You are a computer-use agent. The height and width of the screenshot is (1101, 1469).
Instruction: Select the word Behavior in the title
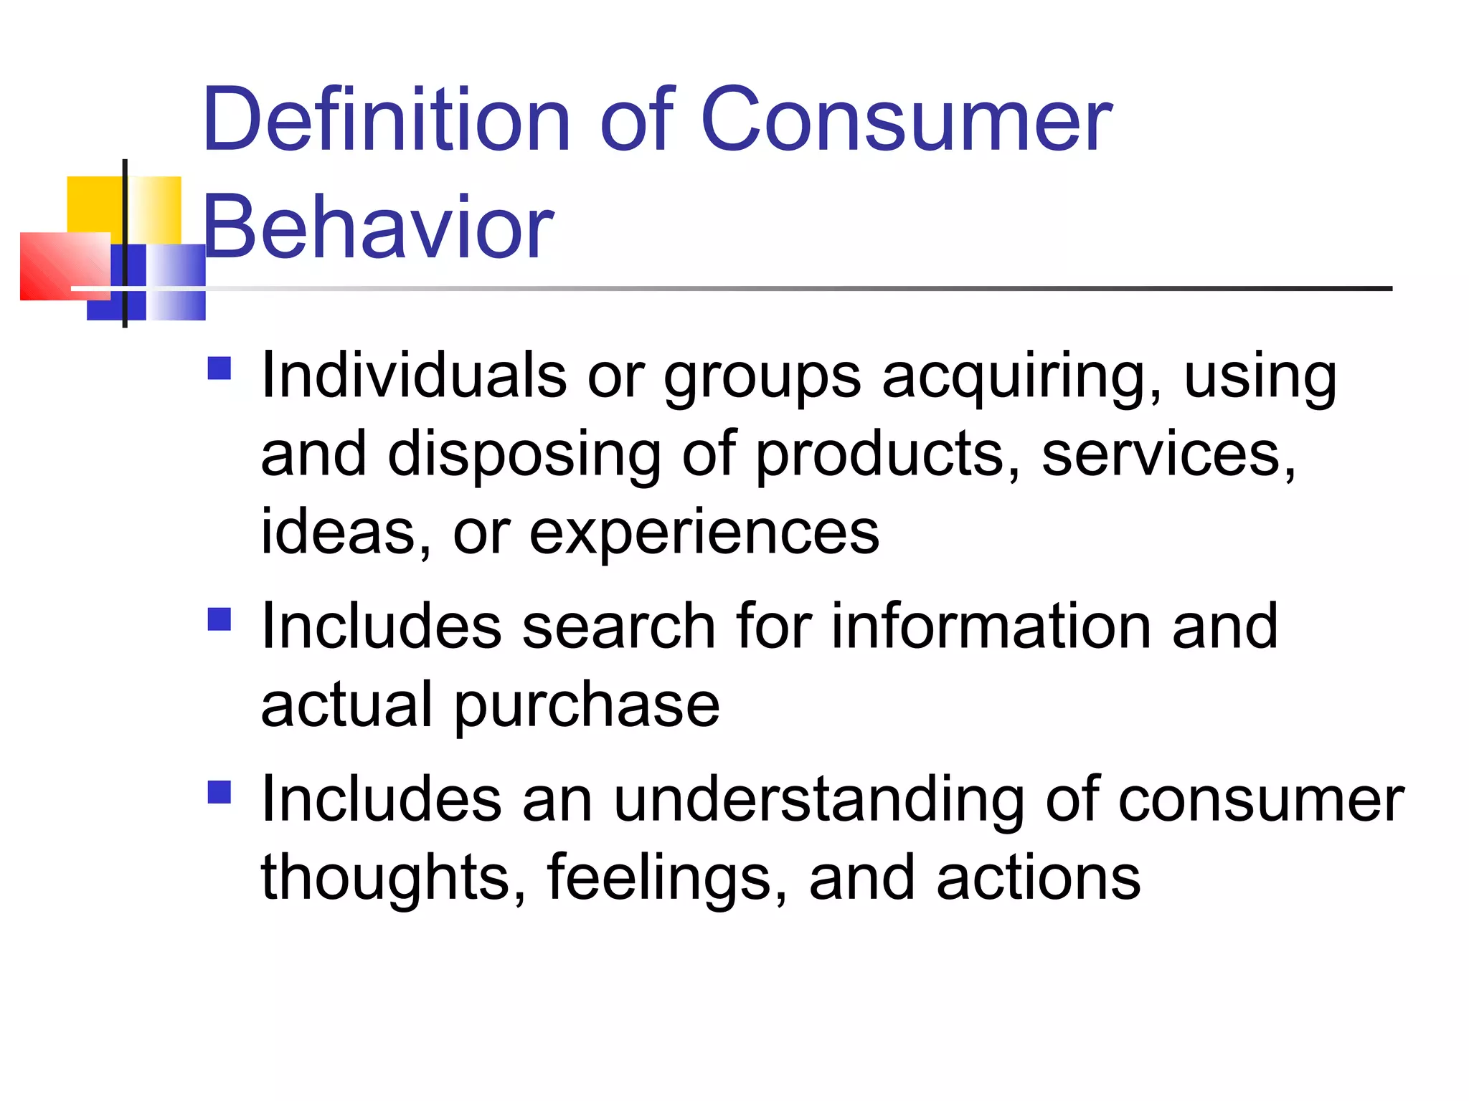tap(378, 228)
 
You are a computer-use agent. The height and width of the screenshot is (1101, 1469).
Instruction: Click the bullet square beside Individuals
tap(219, 368)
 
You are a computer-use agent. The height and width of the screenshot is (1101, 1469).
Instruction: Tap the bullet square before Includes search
tap(219, 619)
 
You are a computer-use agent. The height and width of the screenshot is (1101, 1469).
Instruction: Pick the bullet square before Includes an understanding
tap(219, 792)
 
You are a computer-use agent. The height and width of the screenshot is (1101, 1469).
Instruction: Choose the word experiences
tap(704, 534)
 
